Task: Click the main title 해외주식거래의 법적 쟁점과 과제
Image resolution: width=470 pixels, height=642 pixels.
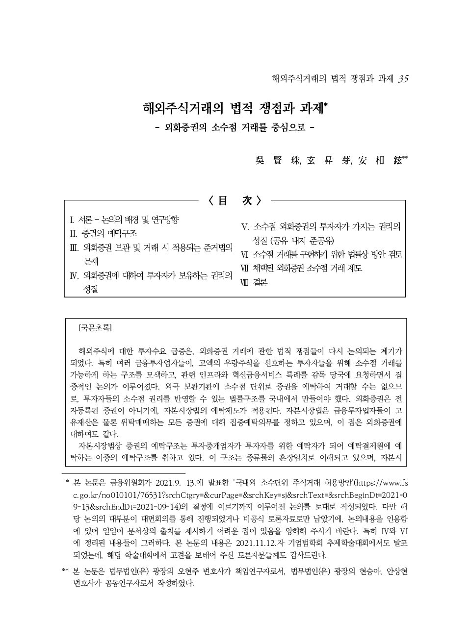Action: click(235, 108)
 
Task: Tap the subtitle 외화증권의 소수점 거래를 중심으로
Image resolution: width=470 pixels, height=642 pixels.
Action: click(235, 128)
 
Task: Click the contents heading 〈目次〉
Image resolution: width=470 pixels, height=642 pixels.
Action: click(235, 200)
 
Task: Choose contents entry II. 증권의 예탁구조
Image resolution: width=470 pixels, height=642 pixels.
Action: click(104, 233)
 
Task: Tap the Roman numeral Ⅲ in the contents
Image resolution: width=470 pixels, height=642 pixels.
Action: click(75, 247)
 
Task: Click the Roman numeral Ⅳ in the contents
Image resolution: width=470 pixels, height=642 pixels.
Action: click(75, 275)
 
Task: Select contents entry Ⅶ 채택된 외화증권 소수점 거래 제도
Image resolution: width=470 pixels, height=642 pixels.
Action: click(302, 269)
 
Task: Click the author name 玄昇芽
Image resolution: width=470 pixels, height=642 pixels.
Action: click(329, 160)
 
